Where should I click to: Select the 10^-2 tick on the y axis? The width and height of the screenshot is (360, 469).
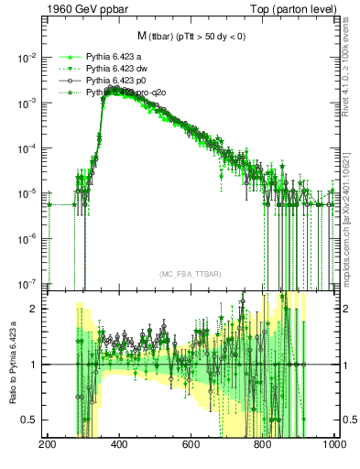click(x=26, y=57)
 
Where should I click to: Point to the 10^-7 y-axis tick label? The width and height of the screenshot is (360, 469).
click(x=26, y=284)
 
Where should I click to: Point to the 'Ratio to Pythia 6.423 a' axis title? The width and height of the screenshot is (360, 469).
click(x=11, y=364)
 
